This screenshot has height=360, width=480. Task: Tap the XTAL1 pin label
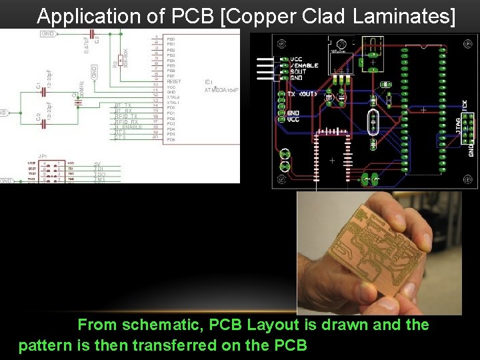[174, 102]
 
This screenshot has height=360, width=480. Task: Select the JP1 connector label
[42, 155]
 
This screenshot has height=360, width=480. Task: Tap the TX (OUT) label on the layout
[301, 95]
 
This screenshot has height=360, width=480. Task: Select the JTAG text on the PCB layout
[458, 125]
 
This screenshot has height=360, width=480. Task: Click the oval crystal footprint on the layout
[372, 123]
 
